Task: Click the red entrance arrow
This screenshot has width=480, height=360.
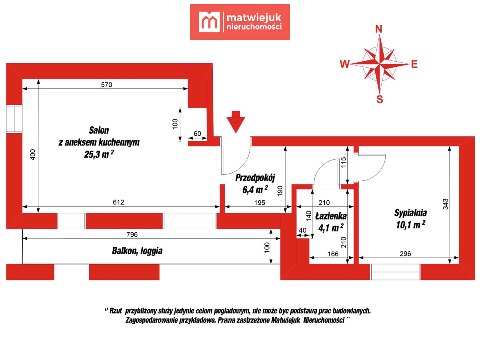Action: tap(236, 122)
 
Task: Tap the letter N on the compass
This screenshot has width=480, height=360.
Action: tap(378, 29)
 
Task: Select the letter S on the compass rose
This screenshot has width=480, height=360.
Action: tap(380, 100)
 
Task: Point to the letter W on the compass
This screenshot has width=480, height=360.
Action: tap(345, 64)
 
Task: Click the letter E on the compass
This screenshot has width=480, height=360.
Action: tap(414, 64)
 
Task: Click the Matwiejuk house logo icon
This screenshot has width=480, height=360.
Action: tap(209, 22)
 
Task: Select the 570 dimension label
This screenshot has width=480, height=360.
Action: tap(106, 85)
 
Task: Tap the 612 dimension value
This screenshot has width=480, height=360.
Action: tap(118, 202)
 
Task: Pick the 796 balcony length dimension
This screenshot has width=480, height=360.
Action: tap(132, 234)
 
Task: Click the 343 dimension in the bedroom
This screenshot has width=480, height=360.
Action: tap(446, 204)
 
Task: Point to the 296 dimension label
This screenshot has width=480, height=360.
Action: tap(405, 254)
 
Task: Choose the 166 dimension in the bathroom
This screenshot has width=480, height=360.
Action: tap(333, 254)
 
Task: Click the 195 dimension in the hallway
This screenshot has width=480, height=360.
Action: tap(260, 203)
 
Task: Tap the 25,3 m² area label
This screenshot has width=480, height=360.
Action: tap(99, 154)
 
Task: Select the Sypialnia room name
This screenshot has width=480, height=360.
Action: tap(410, 213)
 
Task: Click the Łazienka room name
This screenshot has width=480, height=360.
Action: tap(331, 216)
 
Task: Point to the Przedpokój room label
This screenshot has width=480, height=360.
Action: tap(255, 178)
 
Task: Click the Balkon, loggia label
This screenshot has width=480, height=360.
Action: tap(137, 251)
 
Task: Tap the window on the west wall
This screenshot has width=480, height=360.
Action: tap(14, 119)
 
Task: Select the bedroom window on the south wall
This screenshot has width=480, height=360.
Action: tap(395, 272)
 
